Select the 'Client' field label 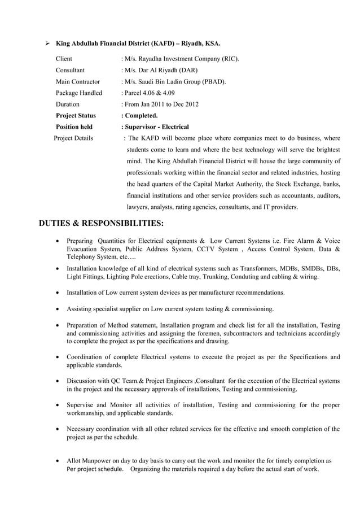64,59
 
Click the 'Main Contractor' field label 78,82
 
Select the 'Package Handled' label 79,93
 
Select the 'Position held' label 74,127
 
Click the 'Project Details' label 73,138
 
